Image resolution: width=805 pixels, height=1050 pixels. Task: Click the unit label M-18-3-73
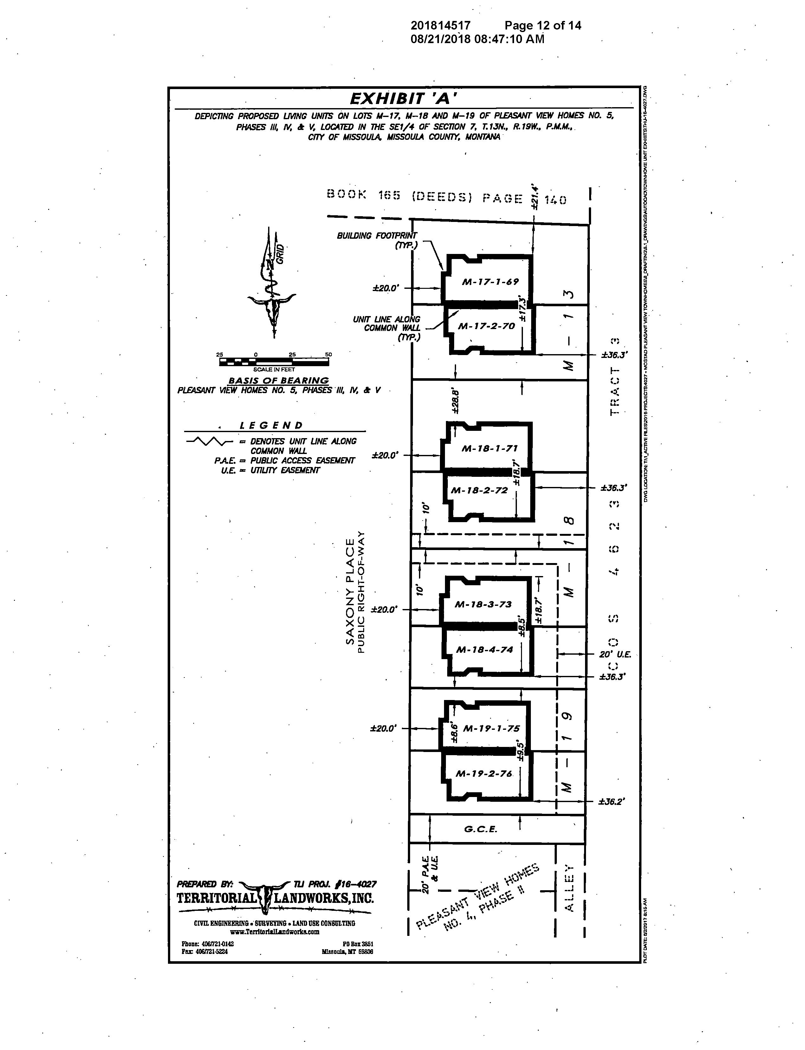point(483,604)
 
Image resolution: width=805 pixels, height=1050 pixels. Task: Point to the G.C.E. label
point(480,829)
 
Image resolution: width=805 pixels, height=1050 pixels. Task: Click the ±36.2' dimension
point(611,801)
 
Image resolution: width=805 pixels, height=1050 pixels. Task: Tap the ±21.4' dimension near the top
point(535,197)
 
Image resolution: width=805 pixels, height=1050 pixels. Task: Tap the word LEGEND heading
point(271,425)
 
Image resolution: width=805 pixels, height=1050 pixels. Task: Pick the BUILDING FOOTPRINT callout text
point(377,240)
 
